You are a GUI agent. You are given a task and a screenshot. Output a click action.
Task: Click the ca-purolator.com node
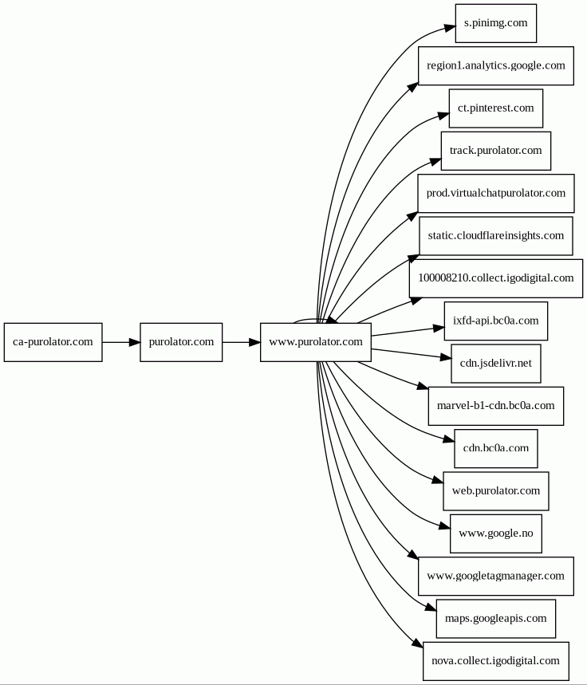click(53, 342)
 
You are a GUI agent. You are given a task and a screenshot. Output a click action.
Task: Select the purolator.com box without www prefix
click(181, 342)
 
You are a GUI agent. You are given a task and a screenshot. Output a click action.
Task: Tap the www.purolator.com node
click(316, 342)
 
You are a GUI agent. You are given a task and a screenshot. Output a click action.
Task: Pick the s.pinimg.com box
click(495, 23)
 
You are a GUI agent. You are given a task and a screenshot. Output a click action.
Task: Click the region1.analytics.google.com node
click(495, 65)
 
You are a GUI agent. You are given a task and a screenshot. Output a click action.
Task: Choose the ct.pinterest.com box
click(495, 108)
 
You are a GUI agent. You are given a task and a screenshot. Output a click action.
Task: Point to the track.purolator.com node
click(495, 151)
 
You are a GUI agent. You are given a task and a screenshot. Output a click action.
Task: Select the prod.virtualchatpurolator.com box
click(495, 193)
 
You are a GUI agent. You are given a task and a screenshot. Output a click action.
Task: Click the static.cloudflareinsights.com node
click(495, 236)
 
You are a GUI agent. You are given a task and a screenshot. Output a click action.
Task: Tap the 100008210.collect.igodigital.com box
click(495, 278)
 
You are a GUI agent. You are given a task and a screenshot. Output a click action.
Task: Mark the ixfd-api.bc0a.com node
click(495, 321)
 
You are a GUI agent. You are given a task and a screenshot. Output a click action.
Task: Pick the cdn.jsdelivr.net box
click(495, 364)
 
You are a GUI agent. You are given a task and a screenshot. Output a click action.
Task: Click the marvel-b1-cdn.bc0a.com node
click(495, 406)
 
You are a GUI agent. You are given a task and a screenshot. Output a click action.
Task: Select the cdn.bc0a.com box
click(495, 448)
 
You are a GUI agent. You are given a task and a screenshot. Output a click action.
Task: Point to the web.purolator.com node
click(495, 491)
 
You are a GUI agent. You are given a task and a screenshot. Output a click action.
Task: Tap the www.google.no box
click(495, 533)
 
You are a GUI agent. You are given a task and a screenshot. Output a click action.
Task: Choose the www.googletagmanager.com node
click(495, 576)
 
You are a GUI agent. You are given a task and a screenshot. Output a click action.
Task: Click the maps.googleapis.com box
click(495, 619)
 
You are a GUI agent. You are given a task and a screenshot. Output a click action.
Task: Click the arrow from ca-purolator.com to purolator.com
click(121, 342)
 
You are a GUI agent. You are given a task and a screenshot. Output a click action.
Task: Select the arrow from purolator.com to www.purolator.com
click(242, 342)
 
